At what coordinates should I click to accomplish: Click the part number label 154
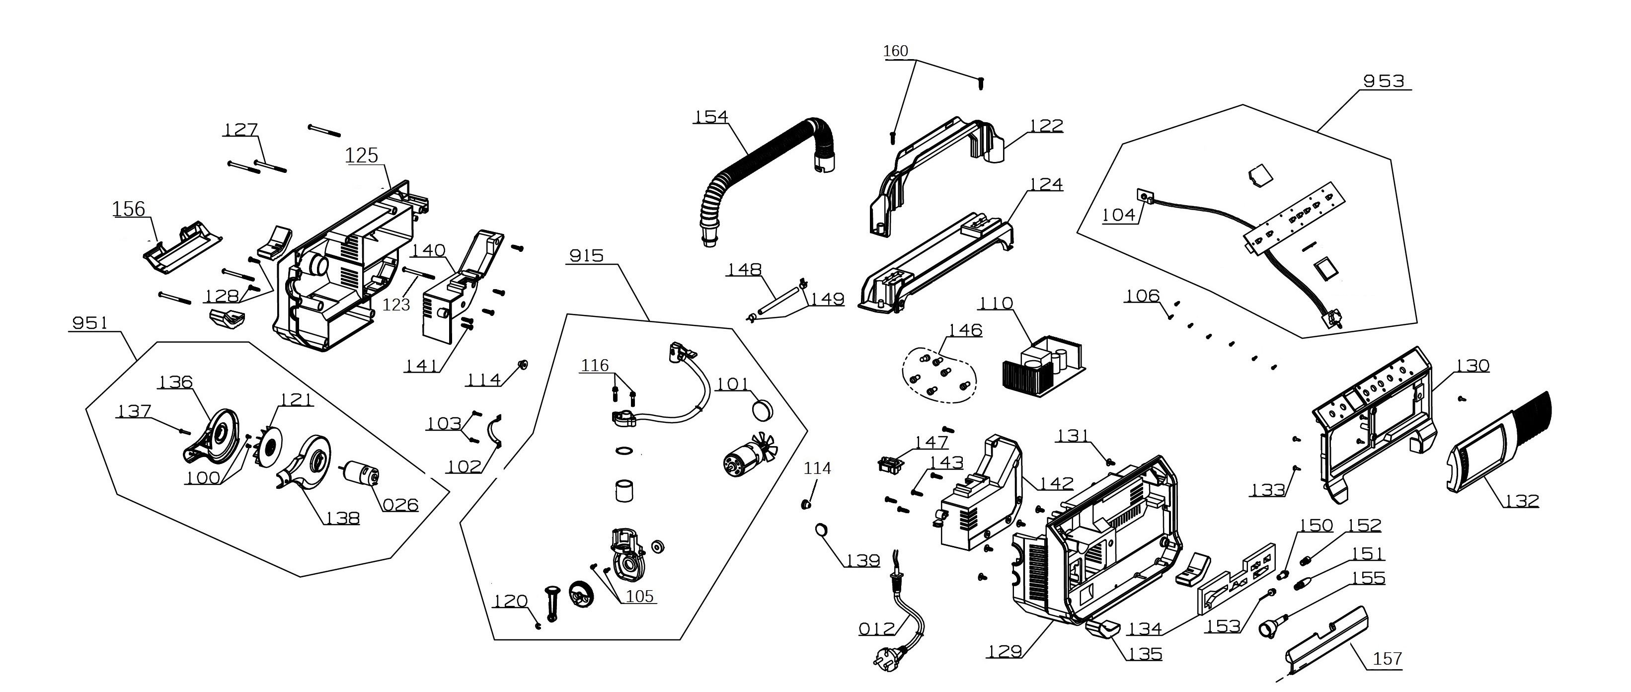click(x=711, y=117)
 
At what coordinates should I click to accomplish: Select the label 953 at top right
click(x=1384, y=81)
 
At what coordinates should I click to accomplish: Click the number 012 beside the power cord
click(x=877, y=629)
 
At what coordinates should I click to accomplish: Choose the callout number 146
click(x=965, y=330)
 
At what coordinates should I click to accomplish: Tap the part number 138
click(x=342, y=519)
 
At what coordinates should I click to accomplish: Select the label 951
click(x=90, y=323)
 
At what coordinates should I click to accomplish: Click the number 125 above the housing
click(x=362, y=156)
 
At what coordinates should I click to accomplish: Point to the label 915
click(x=586, y=256)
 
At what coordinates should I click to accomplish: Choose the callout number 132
click(x=1522, y=501)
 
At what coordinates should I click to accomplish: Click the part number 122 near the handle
click(x=1045, y=126)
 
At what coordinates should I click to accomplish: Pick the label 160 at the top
click(x=895, y=51)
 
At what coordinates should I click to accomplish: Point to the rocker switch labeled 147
click(x=890, y=464)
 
